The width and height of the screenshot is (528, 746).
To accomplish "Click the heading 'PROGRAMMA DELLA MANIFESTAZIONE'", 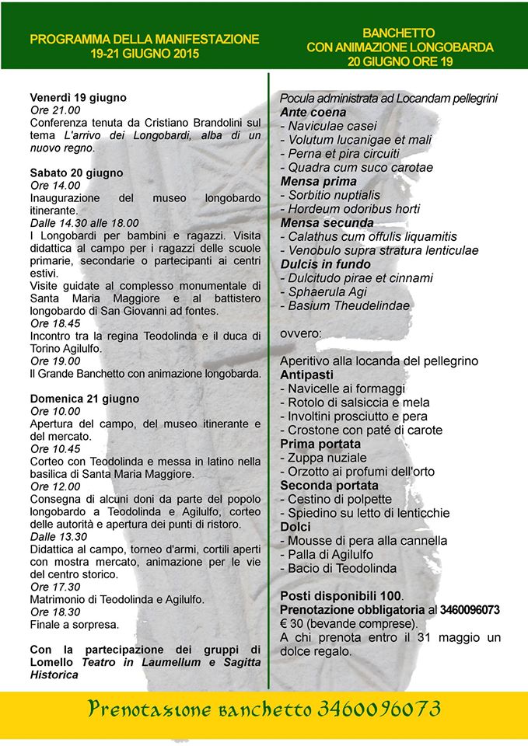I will coord(145,39).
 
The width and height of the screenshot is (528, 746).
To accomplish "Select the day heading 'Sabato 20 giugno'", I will coord(75,173).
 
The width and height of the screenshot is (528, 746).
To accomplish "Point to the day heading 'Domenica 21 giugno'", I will coord(84,399).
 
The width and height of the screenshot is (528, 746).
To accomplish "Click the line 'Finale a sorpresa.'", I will coord(75,624).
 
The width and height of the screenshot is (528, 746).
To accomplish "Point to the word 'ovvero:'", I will coord(300,333).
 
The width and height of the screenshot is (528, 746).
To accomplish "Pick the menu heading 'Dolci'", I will coord(295,527).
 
